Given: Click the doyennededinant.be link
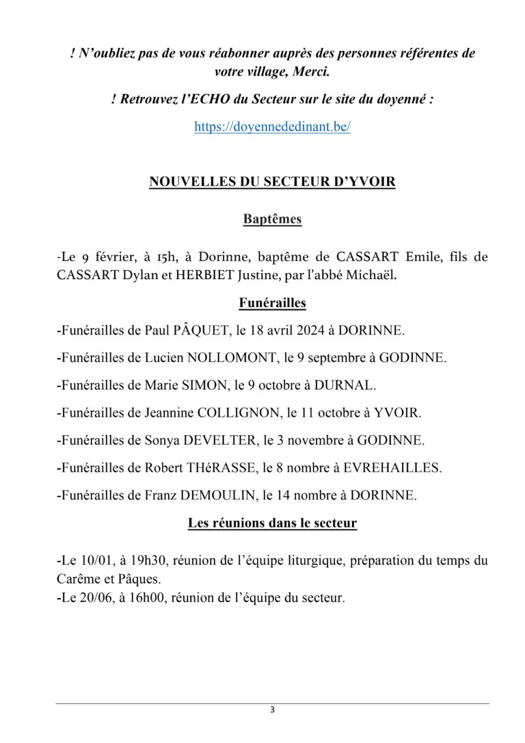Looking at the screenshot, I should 272,127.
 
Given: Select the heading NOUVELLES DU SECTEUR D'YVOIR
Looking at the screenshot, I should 272,183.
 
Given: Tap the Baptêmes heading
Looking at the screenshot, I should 272,220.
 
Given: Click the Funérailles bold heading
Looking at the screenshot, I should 272,302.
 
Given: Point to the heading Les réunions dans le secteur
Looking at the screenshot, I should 272,524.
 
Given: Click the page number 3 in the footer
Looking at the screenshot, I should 272,710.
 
